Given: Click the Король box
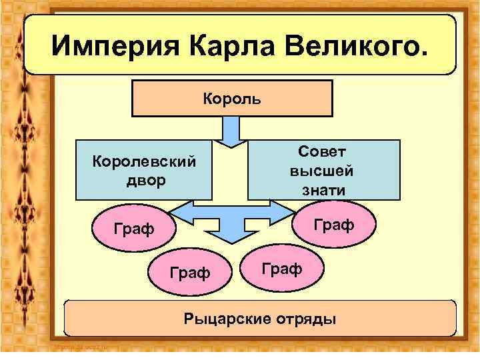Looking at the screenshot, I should click(232, 98).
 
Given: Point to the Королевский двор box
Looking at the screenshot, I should click(144, 170).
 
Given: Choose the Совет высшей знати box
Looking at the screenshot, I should click(324, 170).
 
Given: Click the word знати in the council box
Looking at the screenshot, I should click(322, 189).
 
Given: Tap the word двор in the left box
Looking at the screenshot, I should click(144, 180).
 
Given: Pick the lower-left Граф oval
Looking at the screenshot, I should click(190, 272).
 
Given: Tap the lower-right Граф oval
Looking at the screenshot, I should click(281, 268).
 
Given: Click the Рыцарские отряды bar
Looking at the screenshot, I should click(260, 318).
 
